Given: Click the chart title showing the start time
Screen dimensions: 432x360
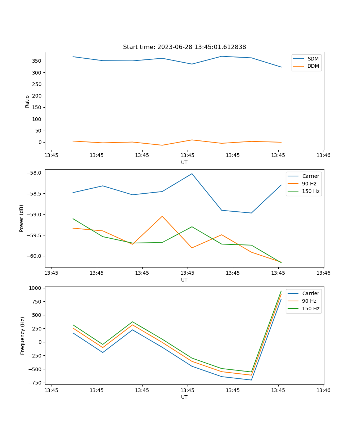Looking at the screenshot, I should pos(184,47).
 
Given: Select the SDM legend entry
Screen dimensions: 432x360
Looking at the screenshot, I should pos(313,59).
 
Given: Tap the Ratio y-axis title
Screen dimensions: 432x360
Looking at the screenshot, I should pos(27,101).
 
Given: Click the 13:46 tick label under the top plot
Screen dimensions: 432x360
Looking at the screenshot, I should pos(323,156).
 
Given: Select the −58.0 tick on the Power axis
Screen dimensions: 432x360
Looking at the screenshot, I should pos(35,173).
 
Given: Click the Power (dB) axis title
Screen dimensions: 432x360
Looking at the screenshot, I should pos(22,218).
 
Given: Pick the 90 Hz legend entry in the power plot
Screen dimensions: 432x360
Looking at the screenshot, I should pos(309,184).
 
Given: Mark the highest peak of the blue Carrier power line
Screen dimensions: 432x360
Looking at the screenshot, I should pos(192,174).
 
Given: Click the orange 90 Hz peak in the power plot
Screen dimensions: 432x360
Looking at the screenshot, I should pos(162,216).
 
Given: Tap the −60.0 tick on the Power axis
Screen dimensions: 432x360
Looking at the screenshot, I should pos(35,256).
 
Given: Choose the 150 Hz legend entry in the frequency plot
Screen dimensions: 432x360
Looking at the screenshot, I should pos(311,309).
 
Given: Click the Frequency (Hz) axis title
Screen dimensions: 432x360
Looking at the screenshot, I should pos(23,336).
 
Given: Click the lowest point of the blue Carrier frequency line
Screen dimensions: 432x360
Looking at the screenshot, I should pos(251,380).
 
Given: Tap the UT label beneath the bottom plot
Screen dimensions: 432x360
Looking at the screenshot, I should pos(184,397).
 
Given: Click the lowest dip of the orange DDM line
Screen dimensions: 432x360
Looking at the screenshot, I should pos(162,145).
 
